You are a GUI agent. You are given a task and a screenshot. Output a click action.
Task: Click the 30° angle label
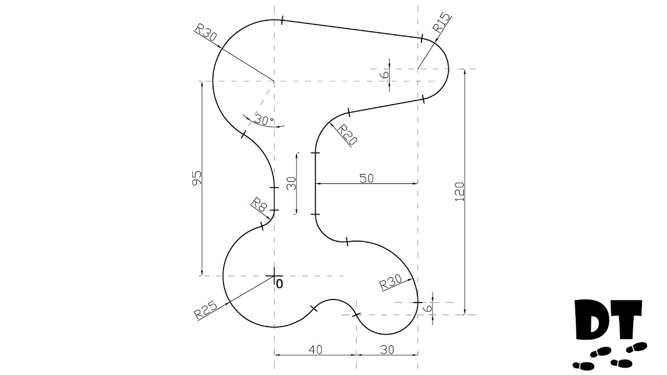coord(264,120)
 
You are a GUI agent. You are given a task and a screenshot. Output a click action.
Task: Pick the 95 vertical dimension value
coord(196,178)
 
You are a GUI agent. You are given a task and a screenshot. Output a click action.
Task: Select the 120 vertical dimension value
coord(460,192)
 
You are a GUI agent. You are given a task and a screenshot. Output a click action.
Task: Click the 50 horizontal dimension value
coord(366,178)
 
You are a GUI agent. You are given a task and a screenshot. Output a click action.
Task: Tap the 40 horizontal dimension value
coord(314,350)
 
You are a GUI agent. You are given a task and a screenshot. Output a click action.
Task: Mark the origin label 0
coord(279,284)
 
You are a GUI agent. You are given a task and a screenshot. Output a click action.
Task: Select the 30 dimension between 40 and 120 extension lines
coord(387,350)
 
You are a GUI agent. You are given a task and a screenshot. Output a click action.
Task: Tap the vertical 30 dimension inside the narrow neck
coord(291,183)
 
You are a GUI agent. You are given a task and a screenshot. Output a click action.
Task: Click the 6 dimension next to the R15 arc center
coord(385,74)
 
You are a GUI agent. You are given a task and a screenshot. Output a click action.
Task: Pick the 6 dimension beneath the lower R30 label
coord(428,308)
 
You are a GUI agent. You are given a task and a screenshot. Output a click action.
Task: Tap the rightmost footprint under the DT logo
coord(637,346)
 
